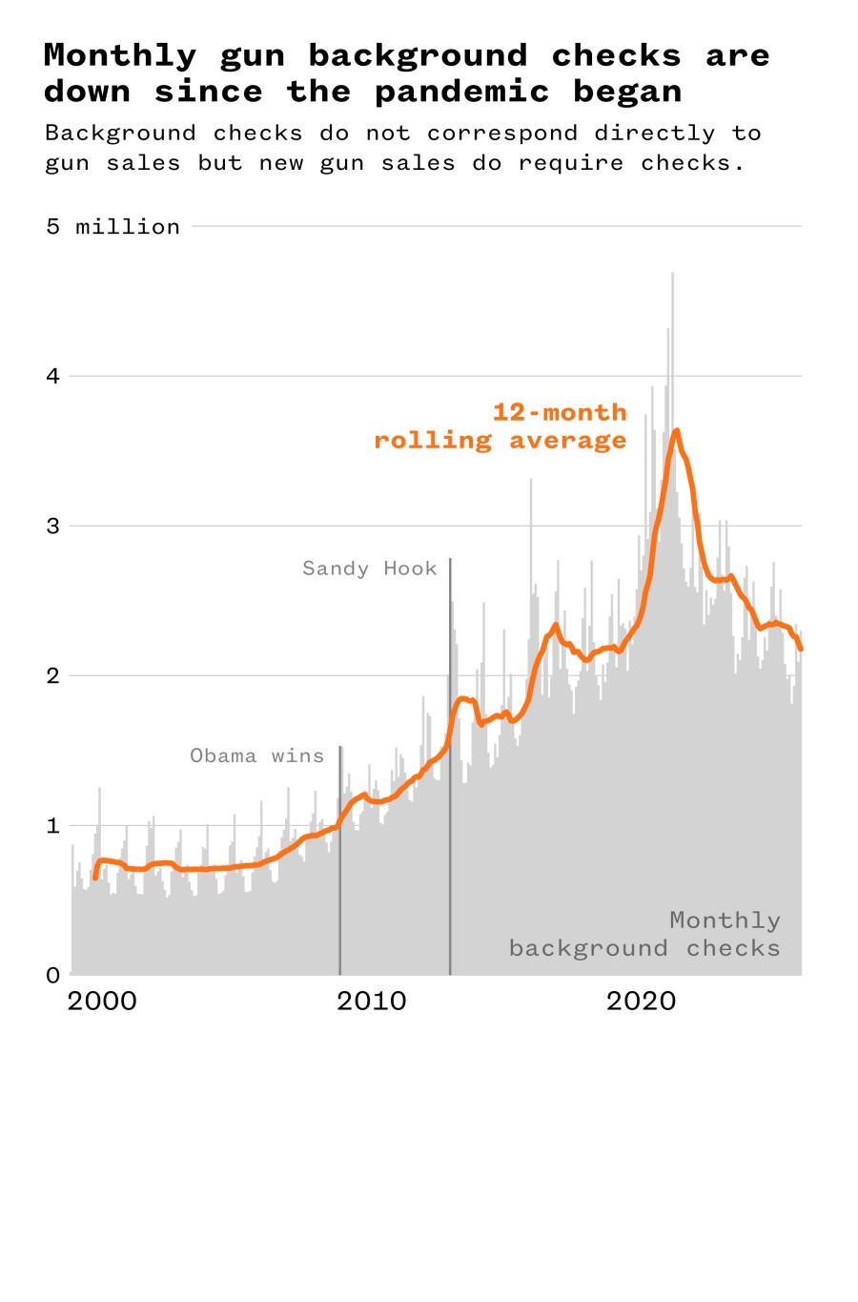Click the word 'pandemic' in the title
point(461,93)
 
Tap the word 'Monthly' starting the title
point(120,56)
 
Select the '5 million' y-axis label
point(112,227)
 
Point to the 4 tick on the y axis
point(52,376)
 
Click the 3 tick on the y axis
point(52,526)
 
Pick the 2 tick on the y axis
point(52,675)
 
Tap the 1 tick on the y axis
point(52,825)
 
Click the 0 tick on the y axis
point(52,975)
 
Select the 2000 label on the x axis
point(102,1002)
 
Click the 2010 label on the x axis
point(371,1002)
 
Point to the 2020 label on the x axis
point(641,1002)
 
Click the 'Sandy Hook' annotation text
point(369,568)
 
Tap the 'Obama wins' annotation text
point(256,756)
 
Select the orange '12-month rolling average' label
point(500,426)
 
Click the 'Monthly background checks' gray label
point(644,935)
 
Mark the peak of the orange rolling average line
point(676,431)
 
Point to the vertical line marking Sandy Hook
point(450,763)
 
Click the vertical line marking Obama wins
point(339,858)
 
